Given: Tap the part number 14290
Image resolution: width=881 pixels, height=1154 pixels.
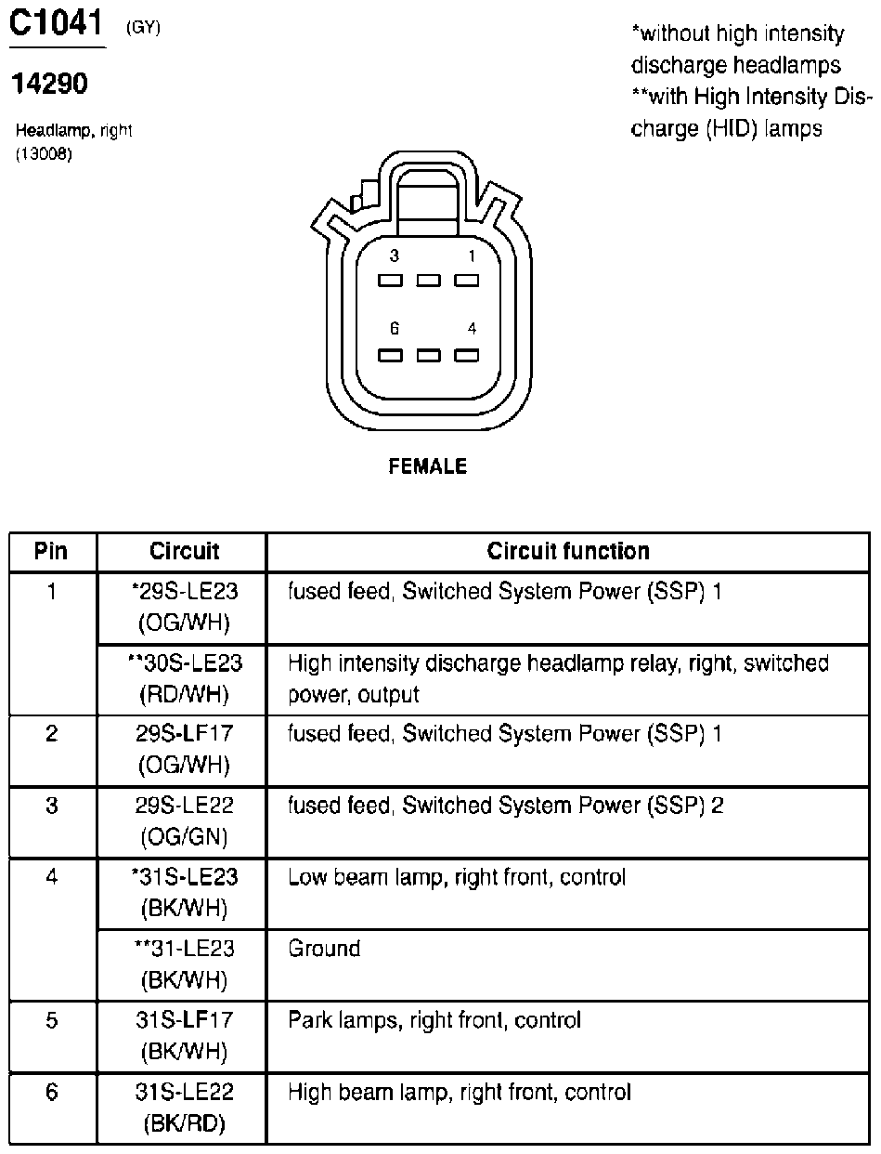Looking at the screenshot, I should pos(49,85).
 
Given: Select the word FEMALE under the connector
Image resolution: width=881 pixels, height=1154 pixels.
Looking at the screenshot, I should pos(427,466).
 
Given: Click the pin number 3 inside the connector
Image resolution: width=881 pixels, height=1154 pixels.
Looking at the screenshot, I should pos(394,256).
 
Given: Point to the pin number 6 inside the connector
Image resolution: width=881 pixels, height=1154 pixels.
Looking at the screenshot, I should pos(394,328).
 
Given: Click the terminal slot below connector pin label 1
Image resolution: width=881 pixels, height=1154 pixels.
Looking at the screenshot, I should pos(465,280).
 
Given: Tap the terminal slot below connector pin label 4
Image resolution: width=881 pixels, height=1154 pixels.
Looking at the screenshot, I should pos(465,354).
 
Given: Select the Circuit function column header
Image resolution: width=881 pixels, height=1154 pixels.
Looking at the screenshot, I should pos(568,551).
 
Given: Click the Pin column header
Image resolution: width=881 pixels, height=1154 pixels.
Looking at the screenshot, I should pos(51,551).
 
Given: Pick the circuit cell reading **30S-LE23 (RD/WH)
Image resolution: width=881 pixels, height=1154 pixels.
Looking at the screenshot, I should pos(185,678).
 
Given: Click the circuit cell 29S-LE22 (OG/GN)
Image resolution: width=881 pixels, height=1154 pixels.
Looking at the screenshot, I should pos(185,821).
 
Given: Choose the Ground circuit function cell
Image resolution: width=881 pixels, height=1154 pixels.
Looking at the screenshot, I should pos(324,949).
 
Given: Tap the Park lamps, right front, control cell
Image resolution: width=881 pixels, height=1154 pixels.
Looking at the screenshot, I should pos(434,1020).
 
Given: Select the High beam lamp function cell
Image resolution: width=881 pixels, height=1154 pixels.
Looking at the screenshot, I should pos(460,1092).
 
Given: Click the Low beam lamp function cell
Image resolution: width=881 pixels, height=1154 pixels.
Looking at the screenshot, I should pos(457,877).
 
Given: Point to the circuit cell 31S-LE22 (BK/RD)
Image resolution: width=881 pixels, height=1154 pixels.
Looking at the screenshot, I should pos(185,1108).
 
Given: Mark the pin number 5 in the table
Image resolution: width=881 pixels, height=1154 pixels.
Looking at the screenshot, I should pos(51,1020).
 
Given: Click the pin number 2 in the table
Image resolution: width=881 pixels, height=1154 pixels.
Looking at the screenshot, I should pos(51,734).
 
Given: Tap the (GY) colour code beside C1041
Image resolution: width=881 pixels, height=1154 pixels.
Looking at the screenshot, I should pos(143,28).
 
